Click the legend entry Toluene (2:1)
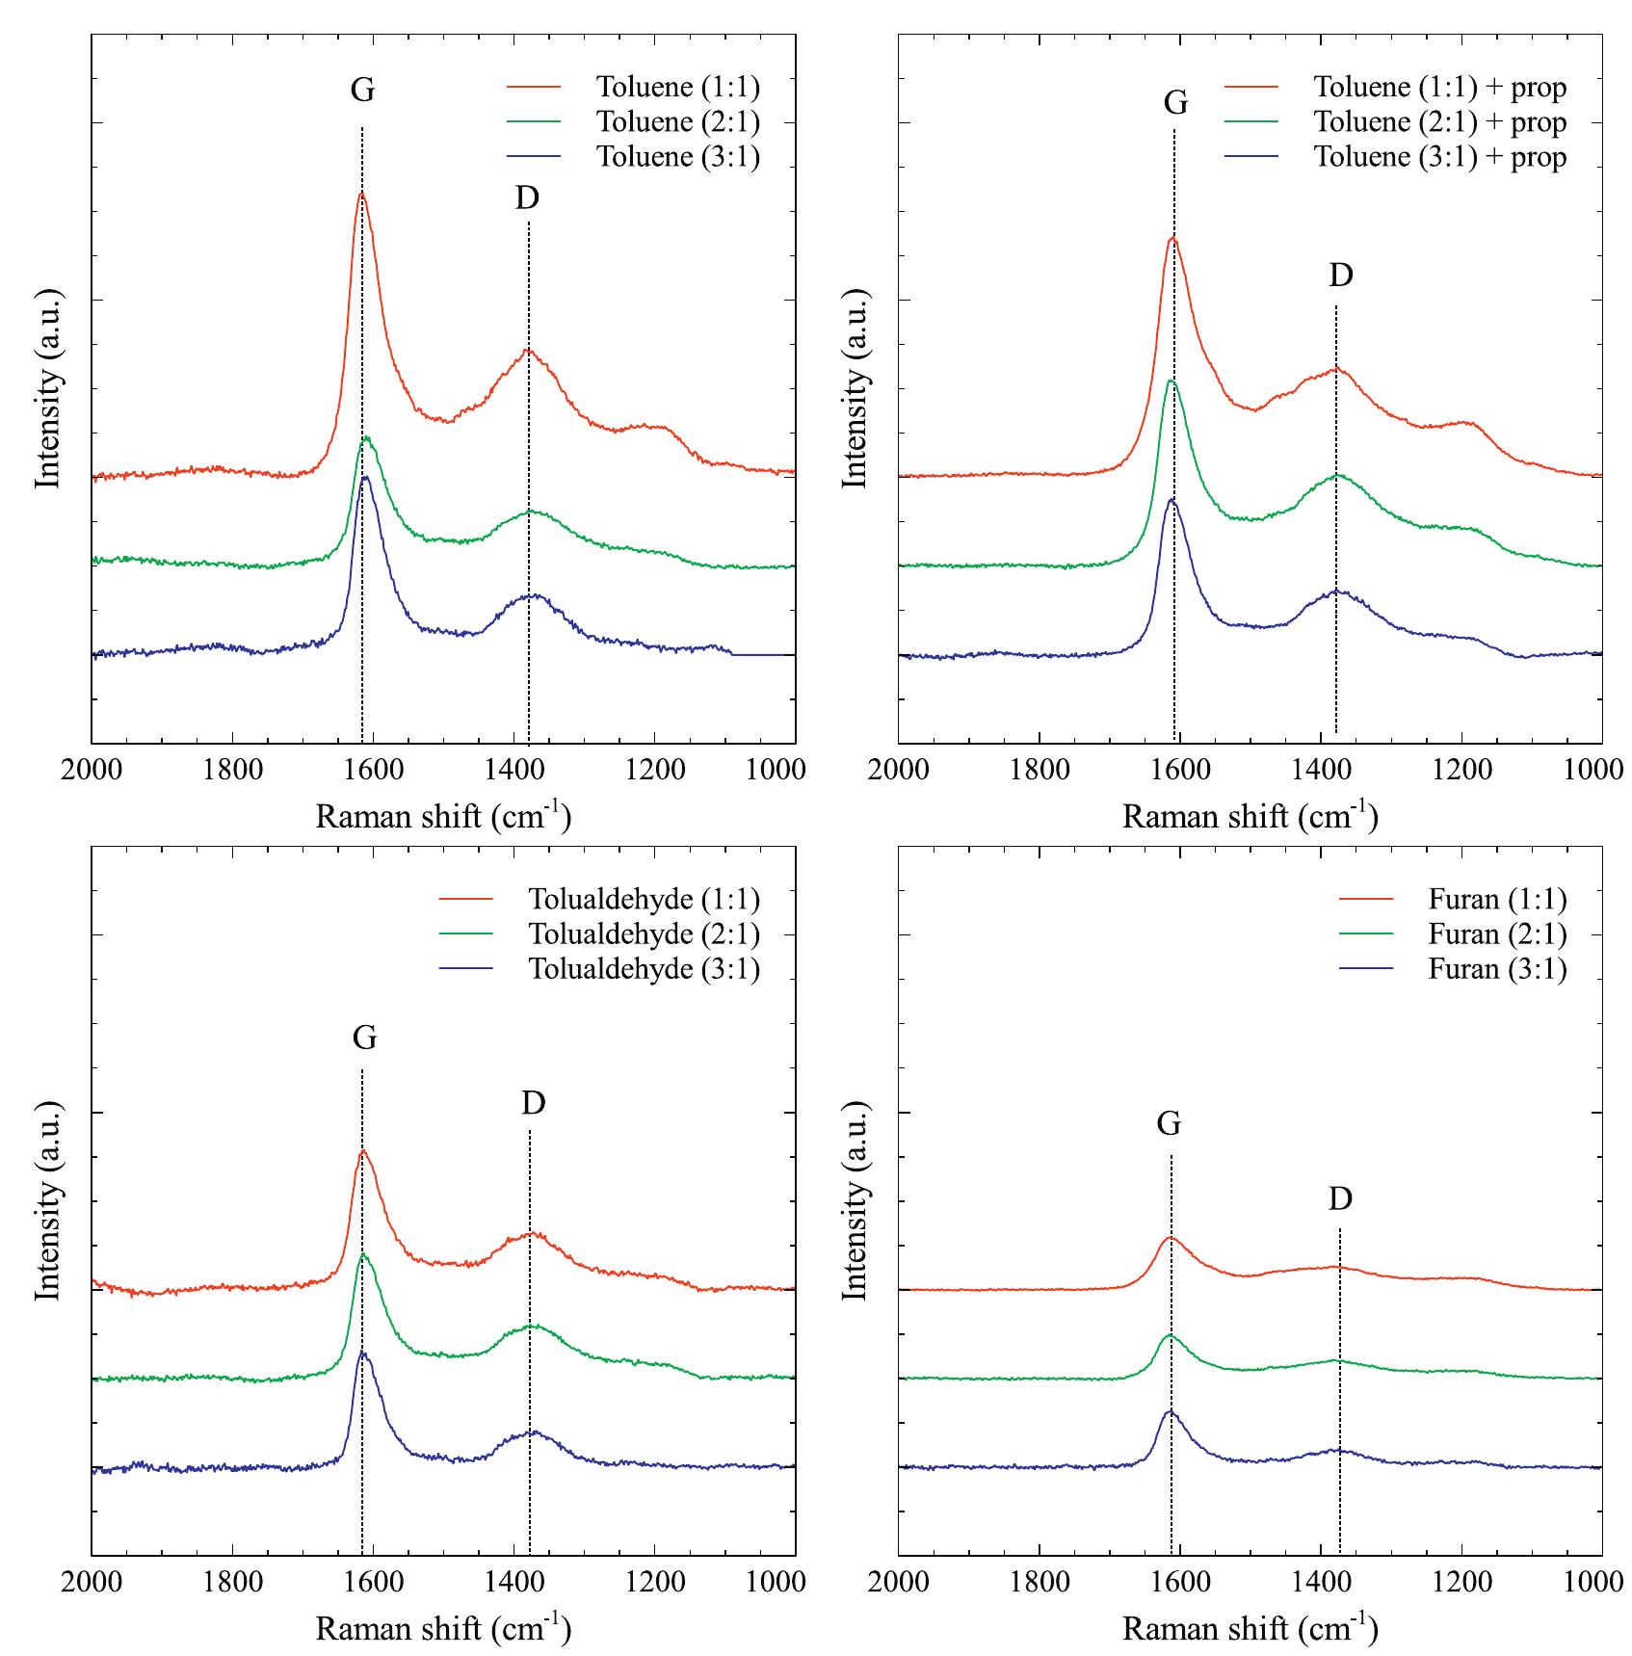(x=677, y=122)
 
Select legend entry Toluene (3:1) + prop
(x=1439, y=157)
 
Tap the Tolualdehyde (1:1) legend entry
(x=644, y=900)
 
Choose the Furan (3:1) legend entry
(x=1497, y=969)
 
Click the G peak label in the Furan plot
(x=1169, y=1123)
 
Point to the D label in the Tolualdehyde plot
(x=533, y=1103)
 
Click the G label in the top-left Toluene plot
(x=362, y=91)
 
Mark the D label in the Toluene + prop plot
(x=1340, y=276)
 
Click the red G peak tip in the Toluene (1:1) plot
(x=362, y=194)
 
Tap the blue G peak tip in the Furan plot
(x=1171, y=1411)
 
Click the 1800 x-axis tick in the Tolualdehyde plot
(x=232, y=1583)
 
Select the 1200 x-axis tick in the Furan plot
(x=1461, y=1583)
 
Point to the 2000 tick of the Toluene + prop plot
(x=898, y=771)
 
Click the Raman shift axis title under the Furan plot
(x=1250, y=1628)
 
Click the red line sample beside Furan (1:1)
(x=1366, y=900)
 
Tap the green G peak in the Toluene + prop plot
(x=1171, y=381)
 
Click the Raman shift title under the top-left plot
(x=443, y=816)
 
